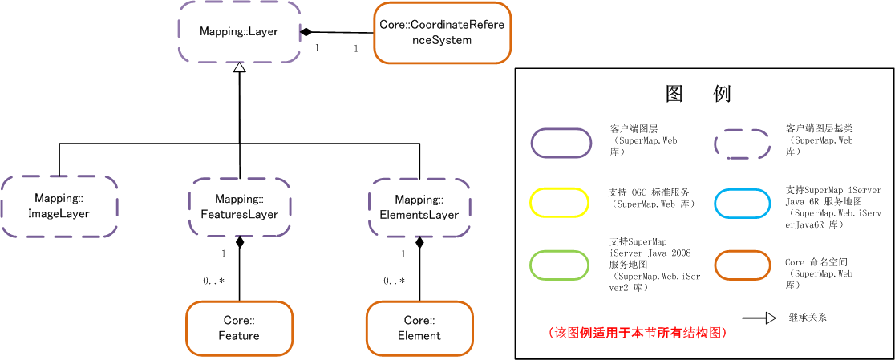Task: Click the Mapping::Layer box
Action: coord(239,32)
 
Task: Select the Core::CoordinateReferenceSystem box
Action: coord(442,33)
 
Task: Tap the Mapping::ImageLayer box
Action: coord(59,206)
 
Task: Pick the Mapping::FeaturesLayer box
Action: coord(239,207)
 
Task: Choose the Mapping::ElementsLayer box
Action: coord(419,207)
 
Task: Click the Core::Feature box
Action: coord(239,328)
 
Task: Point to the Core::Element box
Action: coord(419,328)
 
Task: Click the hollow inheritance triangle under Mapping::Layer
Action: coord(239,68)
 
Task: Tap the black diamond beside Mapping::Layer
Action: coord(306,32)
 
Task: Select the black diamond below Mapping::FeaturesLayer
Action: coord(239,242)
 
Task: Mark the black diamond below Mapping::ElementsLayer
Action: coord(419,242)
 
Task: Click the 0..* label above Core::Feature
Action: coord(213,281)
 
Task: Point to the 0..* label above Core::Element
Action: coord(394,281)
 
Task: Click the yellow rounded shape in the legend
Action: coord(560,202)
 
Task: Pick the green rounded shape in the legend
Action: coord(560,265)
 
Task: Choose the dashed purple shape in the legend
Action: coord(743,144)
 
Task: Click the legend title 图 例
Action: coord(699,94)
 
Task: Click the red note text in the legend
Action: coord(638,333)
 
